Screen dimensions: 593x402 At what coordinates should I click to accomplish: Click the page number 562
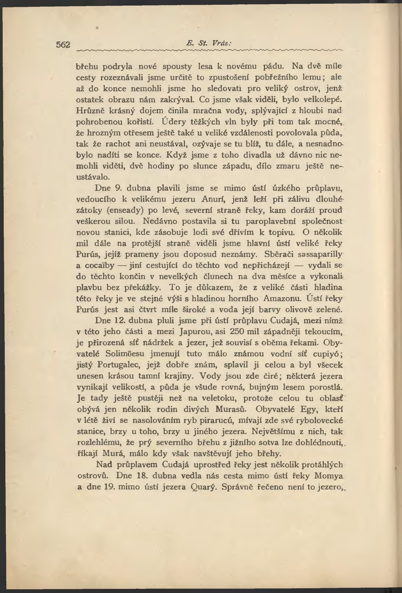coord(63,45)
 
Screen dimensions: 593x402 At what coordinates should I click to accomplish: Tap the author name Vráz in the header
coord(221,44)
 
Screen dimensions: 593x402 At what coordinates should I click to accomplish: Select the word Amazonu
coord(282,299)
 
